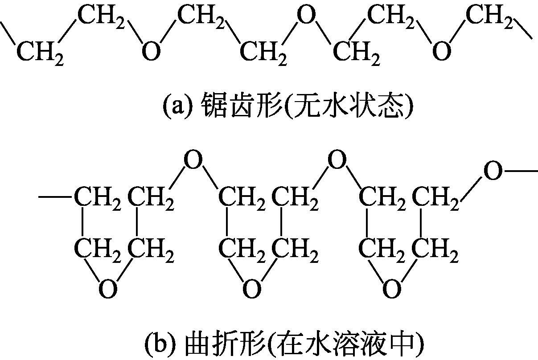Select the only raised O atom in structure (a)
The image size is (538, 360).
click(x=306, y=17)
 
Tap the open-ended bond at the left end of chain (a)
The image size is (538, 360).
click(x=9, y=33)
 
